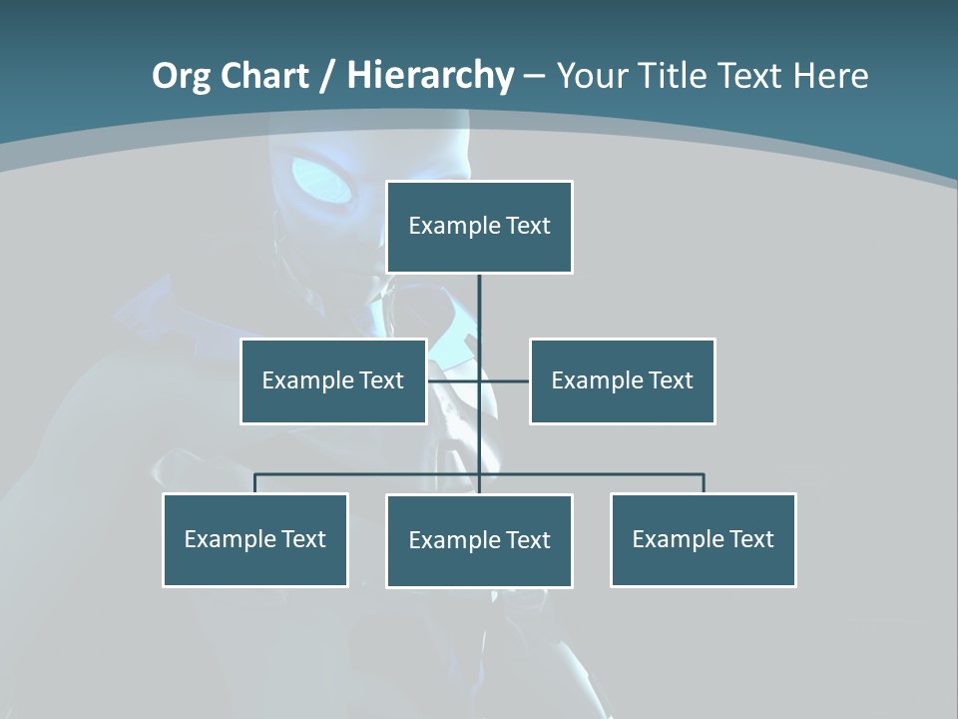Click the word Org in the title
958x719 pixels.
click(181, 77)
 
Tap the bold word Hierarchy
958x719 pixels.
click(430, 76)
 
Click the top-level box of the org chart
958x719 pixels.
click(479, 227)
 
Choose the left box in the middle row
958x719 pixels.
click(333, 380)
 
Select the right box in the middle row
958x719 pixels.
click(622, 380)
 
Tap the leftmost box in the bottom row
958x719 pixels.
click(254, 539)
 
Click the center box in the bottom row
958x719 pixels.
click(479, 540)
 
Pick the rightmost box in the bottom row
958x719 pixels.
click(703, 539)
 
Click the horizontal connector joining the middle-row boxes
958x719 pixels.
click(504, 380)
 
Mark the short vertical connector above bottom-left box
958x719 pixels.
click(254, 483)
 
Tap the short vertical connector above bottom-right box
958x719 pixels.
click(704, 483)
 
